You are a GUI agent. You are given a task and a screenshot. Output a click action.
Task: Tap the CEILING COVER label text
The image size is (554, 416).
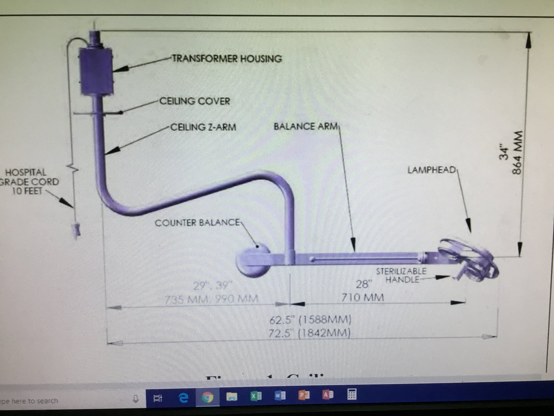pos(195,101)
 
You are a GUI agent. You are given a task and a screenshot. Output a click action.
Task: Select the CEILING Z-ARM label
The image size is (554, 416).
pos(203,127)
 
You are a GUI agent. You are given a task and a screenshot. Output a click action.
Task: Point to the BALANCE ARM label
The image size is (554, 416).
pos(306,126)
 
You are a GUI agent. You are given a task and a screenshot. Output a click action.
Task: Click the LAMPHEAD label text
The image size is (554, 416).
pos(431,170)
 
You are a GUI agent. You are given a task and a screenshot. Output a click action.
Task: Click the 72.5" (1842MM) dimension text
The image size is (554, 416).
pos(309,333)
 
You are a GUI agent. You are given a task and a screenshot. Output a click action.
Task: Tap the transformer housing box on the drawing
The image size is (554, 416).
pos(96,72)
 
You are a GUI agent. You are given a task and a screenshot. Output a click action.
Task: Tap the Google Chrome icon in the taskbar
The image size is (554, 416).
pos(208,397)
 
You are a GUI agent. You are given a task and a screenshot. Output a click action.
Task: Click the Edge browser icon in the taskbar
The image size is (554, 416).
pos(183,397)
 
